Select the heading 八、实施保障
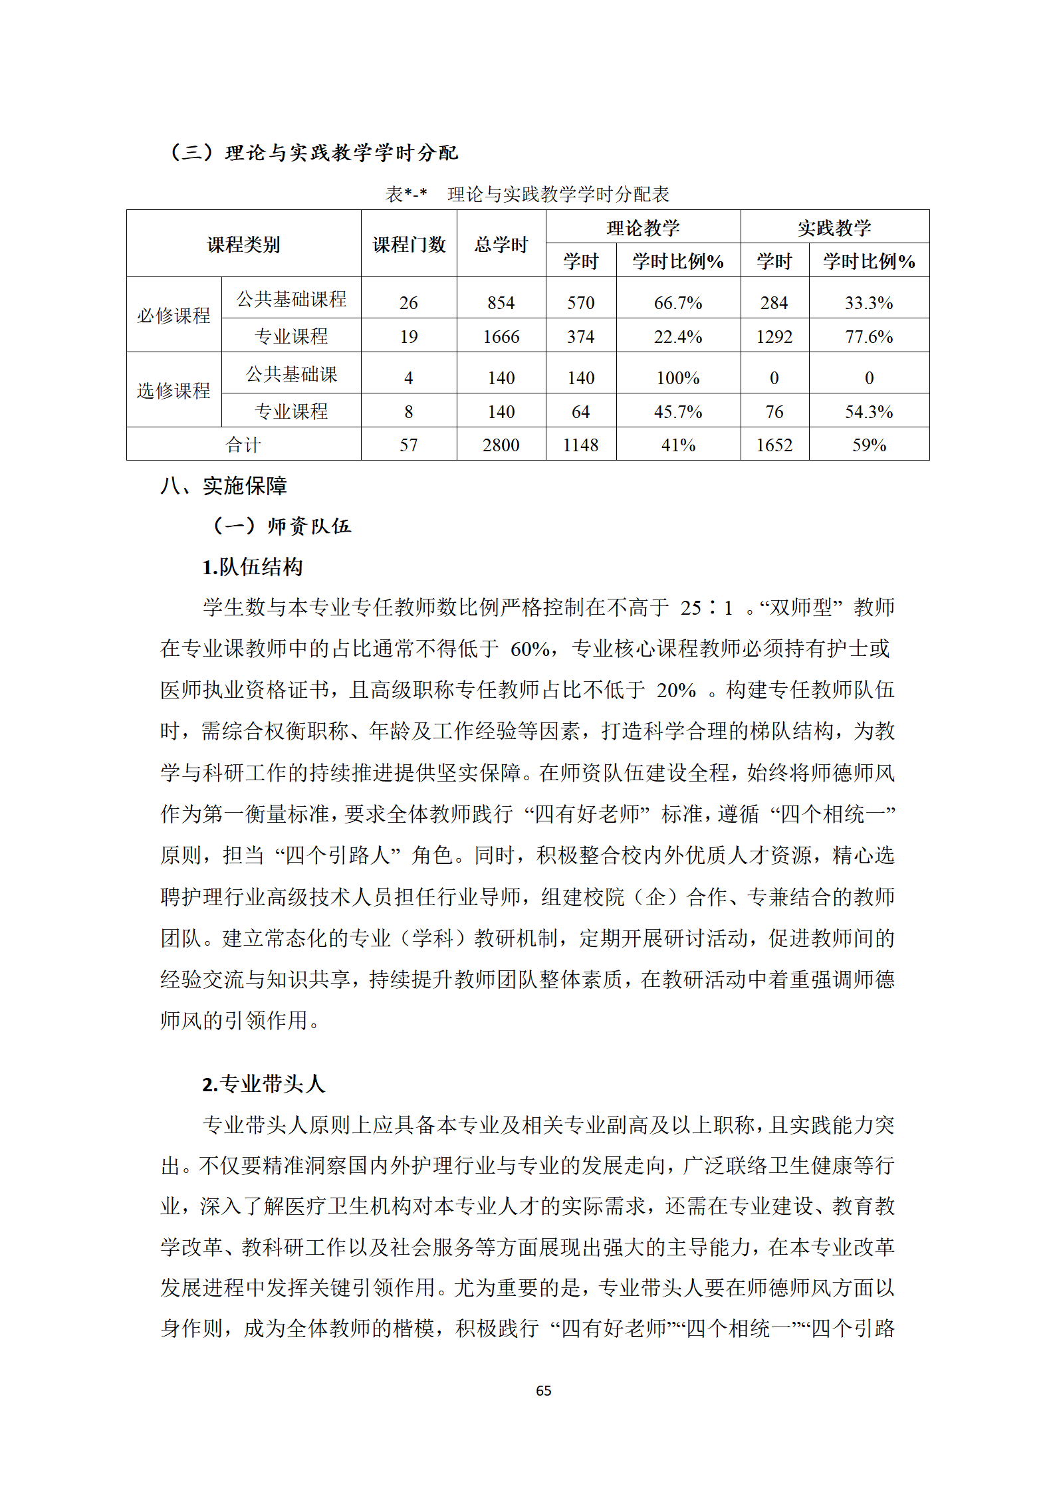pos(223,486)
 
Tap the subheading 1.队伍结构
pos(253,567)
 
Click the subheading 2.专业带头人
pos(263,1084)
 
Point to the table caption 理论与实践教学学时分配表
pos(558,194)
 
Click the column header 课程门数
pos(409,245)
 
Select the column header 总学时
pos(501,245)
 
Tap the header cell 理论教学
pos(643,228)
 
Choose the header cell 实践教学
pos(834,228)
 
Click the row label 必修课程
pos(174,315)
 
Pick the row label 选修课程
pos(174,390)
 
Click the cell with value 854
pos(501,303)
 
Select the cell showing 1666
pos(501,337)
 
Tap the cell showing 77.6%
pos(868,337)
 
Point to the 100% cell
pos(677,378)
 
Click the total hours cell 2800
pos(501,445)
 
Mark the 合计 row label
pos(243,445)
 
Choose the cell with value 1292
pos(774,337)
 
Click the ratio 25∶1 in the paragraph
pos(706,607)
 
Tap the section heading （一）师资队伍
pos(281,526)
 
